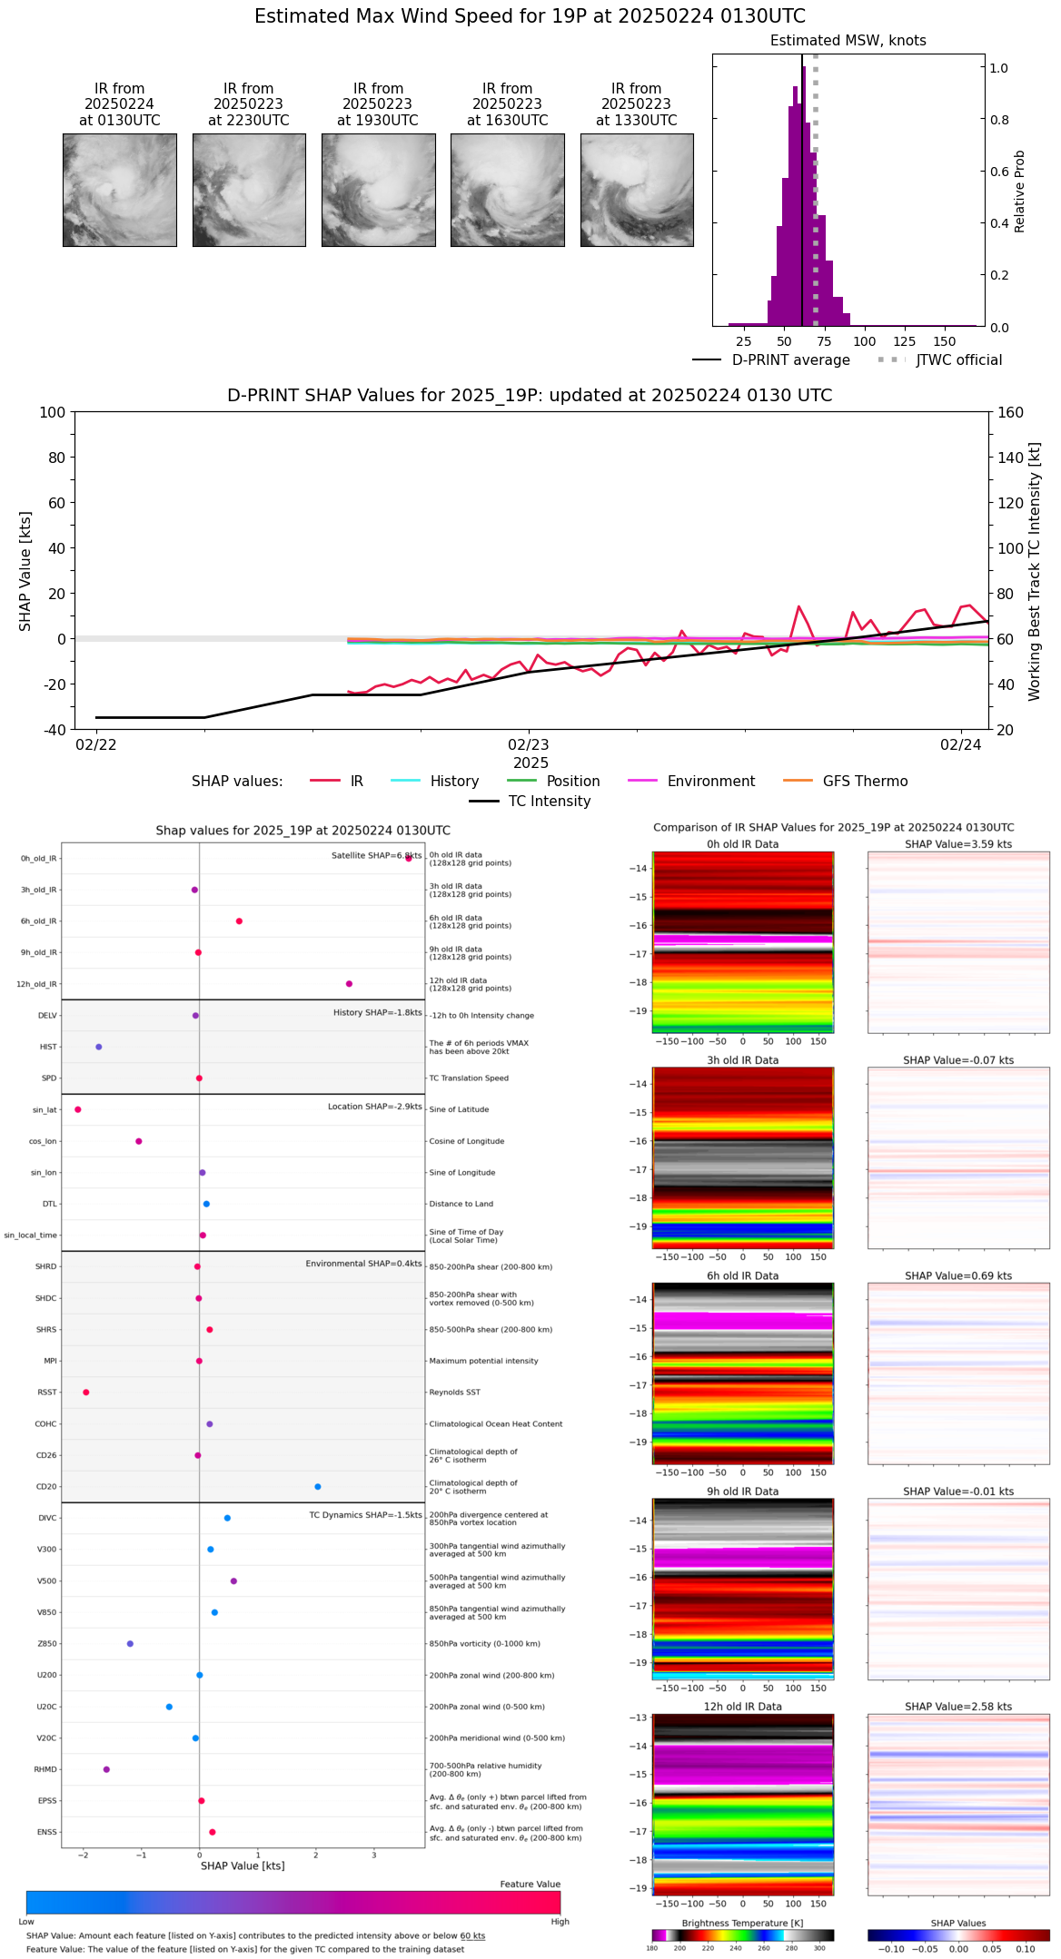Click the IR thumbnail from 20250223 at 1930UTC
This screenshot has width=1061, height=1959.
[x=378, y=190]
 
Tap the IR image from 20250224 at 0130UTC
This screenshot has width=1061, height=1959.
[x=120, y=190]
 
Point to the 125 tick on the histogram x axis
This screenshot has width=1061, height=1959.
[x=905, y=342]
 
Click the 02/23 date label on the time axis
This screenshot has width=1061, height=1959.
[x=528, y=745]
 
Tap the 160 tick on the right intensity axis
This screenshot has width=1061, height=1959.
[x=1011, y=412]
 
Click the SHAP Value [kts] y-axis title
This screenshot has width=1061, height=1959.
[x=25, y=571]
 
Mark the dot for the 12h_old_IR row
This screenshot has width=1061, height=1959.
[x=349, y=984]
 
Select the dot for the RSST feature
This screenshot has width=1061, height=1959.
[x=86, y=1392]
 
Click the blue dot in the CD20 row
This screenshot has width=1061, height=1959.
[x=318, y=1486]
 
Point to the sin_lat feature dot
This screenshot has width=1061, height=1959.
[x=78, y=1109]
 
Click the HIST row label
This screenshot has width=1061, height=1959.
[x=48, y=1047]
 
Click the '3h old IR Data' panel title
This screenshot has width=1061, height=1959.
[x=742, y=1060]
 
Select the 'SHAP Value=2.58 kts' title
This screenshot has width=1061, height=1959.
[x=958, y=1707]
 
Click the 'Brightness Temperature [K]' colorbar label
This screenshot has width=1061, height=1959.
[x=742, y=1923]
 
